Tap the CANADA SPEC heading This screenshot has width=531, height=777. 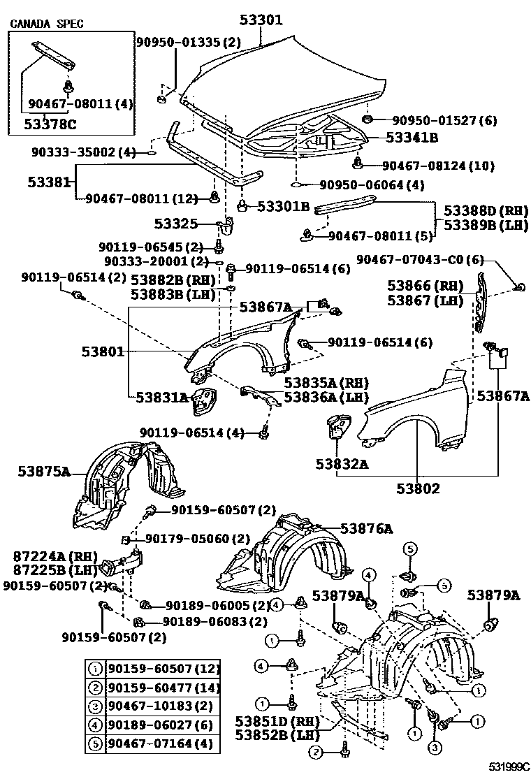[46, 24]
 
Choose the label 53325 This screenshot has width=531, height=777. [174, 224]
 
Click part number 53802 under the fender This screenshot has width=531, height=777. [416, 488]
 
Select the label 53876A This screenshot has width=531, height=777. [367, 529]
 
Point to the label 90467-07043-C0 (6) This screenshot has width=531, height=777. [419, 259]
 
